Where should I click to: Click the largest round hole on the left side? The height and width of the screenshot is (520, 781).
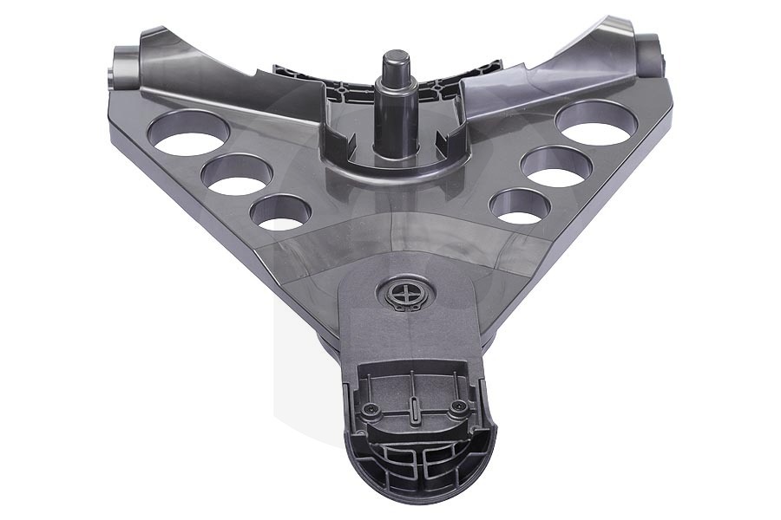pos(188,135)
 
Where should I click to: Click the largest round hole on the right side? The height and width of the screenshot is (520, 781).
pos(596,125)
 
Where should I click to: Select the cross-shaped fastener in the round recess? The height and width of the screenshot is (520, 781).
pos(405,294)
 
